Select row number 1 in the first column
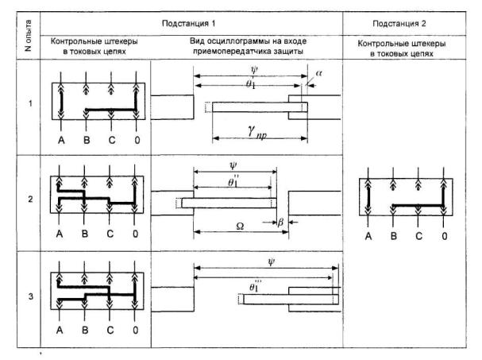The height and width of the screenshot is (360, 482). coord(29,103)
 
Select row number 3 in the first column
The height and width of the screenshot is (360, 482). coord(29,297)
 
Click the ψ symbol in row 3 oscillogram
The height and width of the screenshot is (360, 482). coord(283,261)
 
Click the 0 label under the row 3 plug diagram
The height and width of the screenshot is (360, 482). coord(137,330)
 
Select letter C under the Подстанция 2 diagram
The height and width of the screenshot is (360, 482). coord(418,236)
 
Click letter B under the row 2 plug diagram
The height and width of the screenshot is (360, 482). coord(85,234)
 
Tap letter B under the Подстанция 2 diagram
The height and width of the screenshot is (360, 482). coord(393,236)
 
